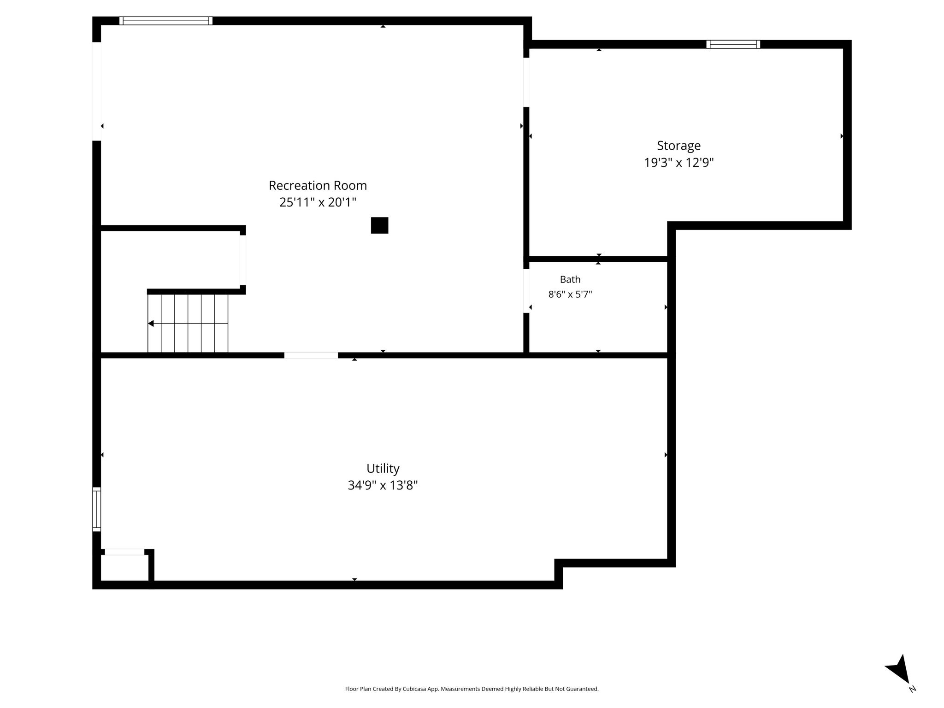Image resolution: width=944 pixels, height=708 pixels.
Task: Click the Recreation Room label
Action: coord(318,185)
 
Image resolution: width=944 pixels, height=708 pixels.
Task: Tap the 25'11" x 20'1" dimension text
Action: coord(318,202)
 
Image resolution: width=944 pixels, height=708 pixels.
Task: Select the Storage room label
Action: coord(678,146)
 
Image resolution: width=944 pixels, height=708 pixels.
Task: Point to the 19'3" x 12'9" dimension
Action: coord(678,163)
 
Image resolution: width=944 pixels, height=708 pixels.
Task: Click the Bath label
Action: coord(570,279)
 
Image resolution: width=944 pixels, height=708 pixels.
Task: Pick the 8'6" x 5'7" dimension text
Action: coord(570,294)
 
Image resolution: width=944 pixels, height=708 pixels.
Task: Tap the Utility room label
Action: coord(383,469)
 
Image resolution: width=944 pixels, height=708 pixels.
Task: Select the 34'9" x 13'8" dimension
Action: coord(383,485)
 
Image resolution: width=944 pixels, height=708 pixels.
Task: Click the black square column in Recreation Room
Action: coord(379,225)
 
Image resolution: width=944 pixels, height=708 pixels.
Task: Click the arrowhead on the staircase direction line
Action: coord(151,324)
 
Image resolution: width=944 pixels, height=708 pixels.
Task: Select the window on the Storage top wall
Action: coord(733,44)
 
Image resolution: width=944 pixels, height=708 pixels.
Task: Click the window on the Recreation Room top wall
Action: coord(166,21)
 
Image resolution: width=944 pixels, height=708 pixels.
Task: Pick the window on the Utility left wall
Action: coord(96,509)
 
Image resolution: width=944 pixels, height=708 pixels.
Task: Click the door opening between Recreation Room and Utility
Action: coord(311,355)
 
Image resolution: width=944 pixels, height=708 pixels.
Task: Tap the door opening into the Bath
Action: coord(526,291)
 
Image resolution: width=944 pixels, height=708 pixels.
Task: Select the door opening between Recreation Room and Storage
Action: coord(526,83)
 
